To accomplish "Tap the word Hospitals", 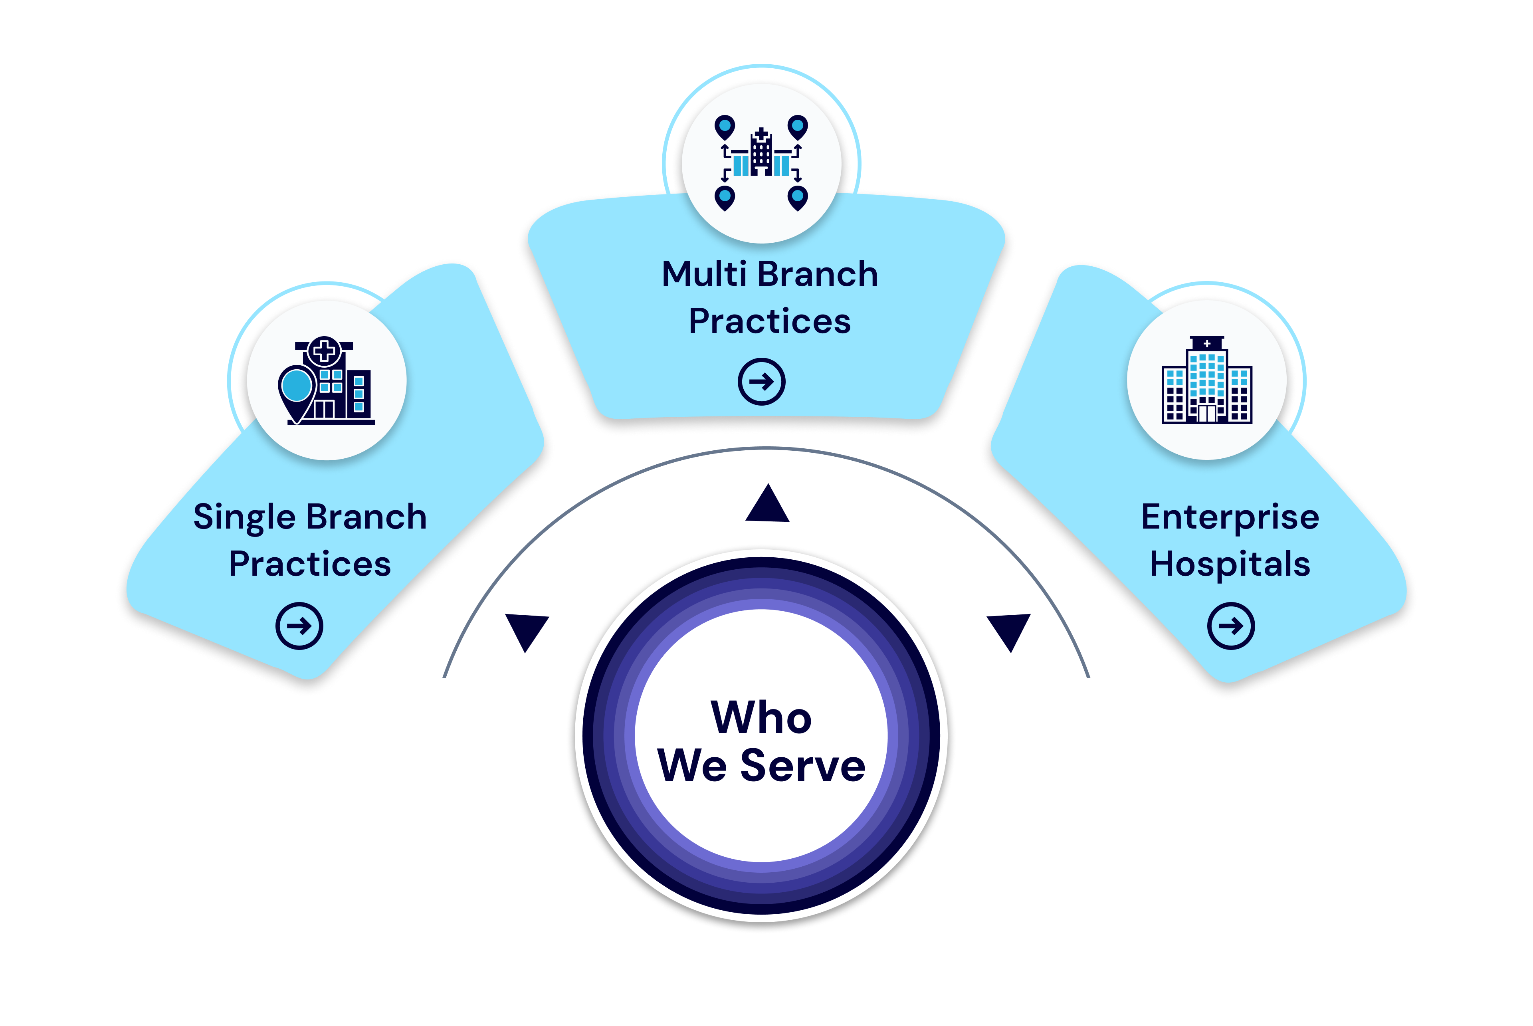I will (1230, 564).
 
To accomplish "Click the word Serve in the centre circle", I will (803, 766).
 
